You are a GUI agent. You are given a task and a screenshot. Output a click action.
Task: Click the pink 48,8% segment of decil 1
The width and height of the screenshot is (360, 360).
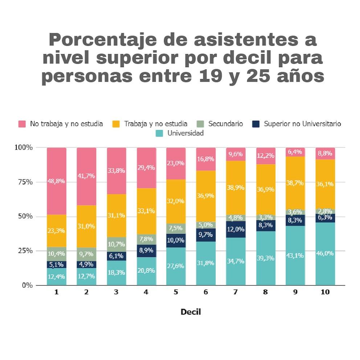[x=56, y=181]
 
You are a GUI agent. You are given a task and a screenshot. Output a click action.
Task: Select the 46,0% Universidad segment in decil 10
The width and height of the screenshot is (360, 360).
[x=325, y=253]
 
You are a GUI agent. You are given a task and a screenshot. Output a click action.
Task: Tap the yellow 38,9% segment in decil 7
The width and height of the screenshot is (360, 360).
[x=236, y=188]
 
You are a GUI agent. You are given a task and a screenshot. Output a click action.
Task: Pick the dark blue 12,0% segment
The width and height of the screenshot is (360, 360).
[x=236, y=229]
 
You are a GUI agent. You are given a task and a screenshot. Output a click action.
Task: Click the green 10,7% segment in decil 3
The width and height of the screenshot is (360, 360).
[x=116, y=244]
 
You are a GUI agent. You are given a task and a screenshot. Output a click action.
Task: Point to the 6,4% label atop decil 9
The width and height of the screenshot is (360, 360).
[x=295, y=152]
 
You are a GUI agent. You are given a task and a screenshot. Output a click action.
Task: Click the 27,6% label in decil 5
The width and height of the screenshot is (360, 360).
[x=176, y=266]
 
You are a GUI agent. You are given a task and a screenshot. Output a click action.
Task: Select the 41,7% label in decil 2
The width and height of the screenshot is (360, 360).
[x=86, y=176]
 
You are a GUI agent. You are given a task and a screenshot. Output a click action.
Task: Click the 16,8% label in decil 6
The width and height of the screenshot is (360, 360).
[x=206, y=159]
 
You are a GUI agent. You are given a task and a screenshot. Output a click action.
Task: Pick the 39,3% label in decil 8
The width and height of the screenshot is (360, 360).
[x=265, y=258]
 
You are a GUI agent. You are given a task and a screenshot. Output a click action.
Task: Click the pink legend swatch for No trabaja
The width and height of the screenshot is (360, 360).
[x=22, y=124]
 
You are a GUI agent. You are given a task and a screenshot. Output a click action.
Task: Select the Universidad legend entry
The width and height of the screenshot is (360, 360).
[x=185, y=133]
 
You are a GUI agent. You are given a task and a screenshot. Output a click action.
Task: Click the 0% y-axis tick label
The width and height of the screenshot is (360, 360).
[x=26, y=285]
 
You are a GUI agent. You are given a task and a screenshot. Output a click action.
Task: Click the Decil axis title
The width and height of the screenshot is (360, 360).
[x=191, y=312]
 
